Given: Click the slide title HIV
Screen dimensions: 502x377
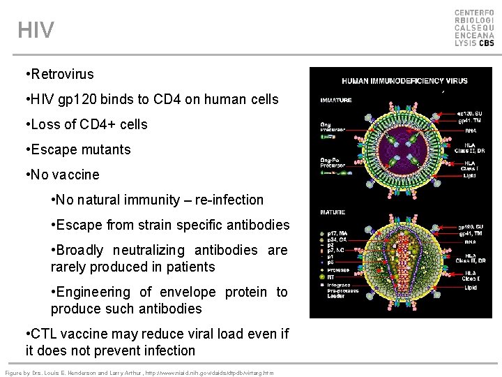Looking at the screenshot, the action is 36,30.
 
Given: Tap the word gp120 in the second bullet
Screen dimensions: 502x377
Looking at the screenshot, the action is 73,99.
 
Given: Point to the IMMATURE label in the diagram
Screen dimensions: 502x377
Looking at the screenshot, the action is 335,100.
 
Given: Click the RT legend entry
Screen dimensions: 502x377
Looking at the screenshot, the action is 331,277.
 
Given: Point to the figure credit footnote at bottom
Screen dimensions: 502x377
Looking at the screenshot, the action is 139,372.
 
